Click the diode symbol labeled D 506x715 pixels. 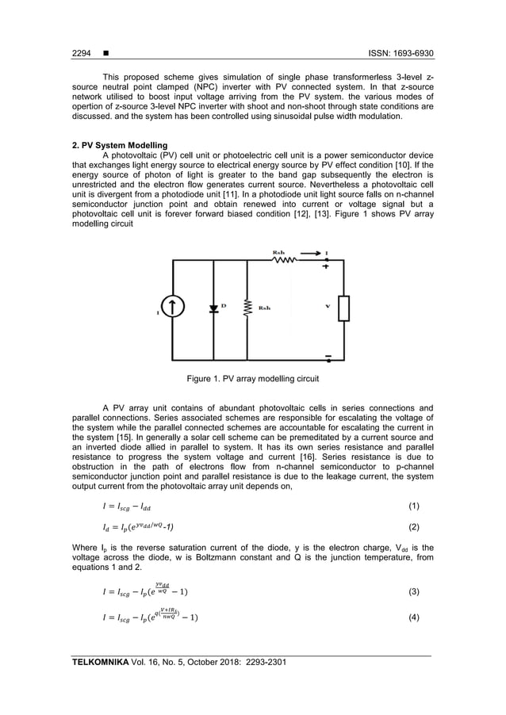click(x=214, y=308)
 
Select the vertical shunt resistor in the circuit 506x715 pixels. click(x=248, y=308)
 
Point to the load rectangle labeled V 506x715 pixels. click(x=343, y=308)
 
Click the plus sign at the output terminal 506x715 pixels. click(x=326, y=268)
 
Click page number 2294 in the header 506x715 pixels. click(x=82, y=55)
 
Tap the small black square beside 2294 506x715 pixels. click(x=106, y=55)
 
